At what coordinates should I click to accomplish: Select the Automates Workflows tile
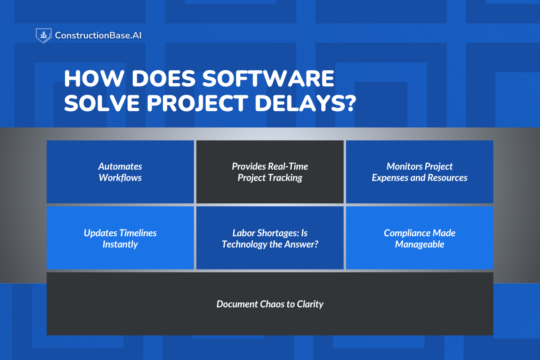click(120, 172)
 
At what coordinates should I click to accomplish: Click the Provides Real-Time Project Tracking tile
click(270, 172)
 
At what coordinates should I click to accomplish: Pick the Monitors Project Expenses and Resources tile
click(419, 172)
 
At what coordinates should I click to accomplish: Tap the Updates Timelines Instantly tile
click(120, 238)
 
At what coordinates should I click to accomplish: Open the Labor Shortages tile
click(270, 238)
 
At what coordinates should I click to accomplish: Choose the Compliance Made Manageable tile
click(419, 238)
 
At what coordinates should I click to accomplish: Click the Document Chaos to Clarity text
click(270, 304)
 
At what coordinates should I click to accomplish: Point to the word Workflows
click(120, 178)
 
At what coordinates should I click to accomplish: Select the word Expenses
click(390, 178)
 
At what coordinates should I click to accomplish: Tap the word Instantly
click(120, 244)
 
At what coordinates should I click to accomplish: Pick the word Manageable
click(419, 244)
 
